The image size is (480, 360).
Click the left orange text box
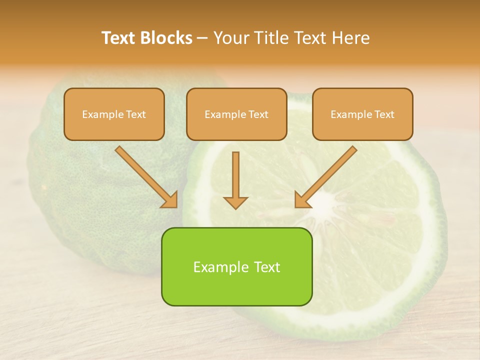(x=114, y=114)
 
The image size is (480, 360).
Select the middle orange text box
(x=236, y=114)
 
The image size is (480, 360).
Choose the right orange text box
(x=362, y=114)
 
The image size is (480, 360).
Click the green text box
(x=236, y=266)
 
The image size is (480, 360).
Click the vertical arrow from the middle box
(x=235, y=175)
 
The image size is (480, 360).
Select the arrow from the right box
(x=328, y=175)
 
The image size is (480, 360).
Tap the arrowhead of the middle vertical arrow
(x=235, y=202)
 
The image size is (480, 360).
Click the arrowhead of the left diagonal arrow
(x=170, y=200)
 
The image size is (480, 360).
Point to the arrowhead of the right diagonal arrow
(x=302, y=200)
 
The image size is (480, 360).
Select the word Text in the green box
(x=266, y=267)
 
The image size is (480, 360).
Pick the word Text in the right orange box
(x=384, y=114)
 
